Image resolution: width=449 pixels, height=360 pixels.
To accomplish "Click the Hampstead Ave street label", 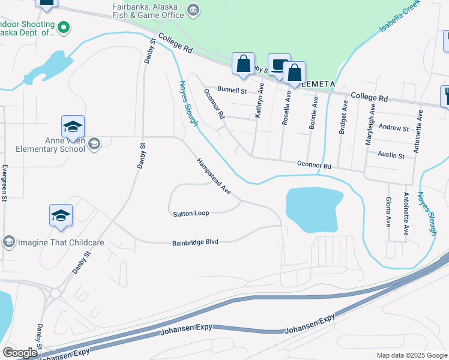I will click(x=214, y=176).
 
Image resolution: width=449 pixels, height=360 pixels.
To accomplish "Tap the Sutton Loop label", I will click(x=191, y=214).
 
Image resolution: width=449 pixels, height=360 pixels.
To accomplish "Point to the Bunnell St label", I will click(x=232, y=91).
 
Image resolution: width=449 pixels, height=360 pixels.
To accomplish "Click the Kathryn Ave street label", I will click(x=260, y=100).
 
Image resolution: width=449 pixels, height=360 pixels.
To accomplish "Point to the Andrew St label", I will click(x=394, y=128).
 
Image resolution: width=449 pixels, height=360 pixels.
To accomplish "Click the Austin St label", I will click(x=391, y=155).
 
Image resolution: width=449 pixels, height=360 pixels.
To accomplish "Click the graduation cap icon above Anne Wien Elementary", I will click(x=73, y=127).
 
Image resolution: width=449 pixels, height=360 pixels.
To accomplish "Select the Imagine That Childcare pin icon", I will click(x=8, y=242).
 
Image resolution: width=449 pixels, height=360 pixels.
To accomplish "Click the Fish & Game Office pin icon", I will click(x=193, y=10).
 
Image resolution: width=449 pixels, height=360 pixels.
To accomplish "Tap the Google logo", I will click(x=20, y=353).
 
